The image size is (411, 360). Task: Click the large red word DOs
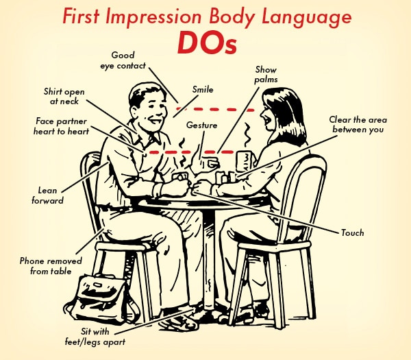coord(207,43)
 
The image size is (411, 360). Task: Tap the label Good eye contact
coord(123,60)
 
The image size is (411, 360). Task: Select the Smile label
coord(203,89)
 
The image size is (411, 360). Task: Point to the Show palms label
coord(266,75)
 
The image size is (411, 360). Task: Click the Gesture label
coord(201,125)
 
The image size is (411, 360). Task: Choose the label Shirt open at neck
coord(64,96)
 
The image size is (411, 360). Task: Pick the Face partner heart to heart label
coord(61,126)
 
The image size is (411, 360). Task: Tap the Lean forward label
coord(47,195)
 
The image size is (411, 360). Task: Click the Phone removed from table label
coord(51,266)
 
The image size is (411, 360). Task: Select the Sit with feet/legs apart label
coord(95,337)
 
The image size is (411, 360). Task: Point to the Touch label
coord(352,232)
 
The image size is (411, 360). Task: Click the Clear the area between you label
coord(358,125)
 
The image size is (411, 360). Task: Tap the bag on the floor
coord(101,299)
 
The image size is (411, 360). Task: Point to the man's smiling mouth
coord(155,121)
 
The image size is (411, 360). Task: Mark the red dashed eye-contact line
coord(215,109)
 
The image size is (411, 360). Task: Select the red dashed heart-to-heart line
coord(191,152)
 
